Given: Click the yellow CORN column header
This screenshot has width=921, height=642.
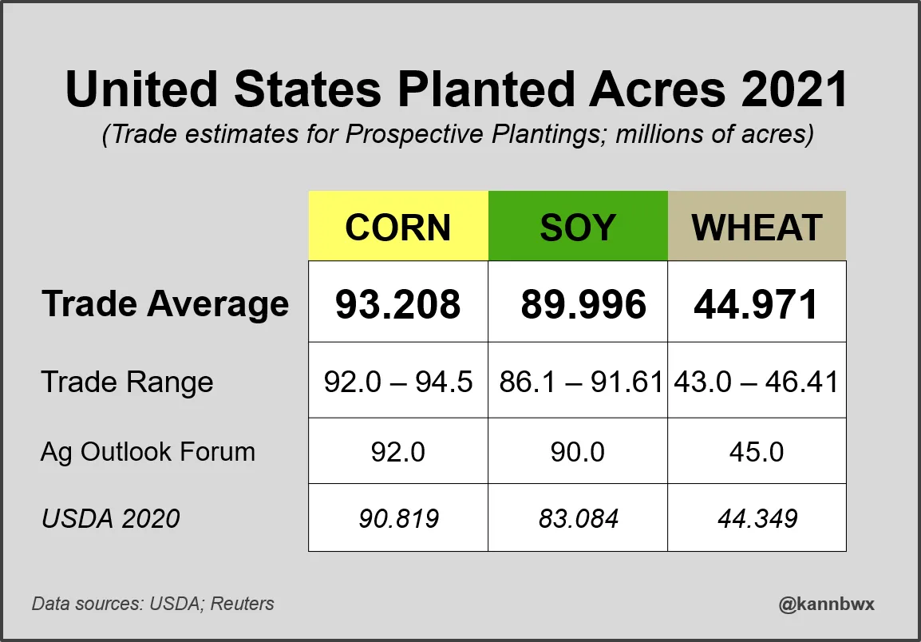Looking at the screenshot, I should (x=398, y=227).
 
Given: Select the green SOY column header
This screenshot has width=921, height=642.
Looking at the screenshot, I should (x=578, y=227).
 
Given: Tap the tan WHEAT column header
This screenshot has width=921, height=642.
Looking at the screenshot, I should (x=757, y=227).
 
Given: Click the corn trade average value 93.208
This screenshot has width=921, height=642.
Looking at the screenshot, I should (x=398, y=303).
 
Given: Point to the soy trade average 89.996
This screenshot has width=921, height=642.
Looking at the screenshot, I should (x=583, y=303).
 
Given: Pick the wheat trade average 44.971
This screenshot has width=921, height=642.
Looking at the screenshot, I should (x=757, y=303).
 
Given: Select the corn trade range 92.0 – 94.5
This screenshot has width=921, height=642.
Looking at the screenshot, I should (x=398, y=382).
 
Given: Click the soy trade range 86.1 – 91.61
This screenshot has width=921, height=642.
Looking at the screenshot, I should (x=581, y=382).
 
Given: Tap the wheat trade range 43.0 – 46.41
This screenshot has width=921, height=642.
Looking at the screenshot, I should (x=757, y=382).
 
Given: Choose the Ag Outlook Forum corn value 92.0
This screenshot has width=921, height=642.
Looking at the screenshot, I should (x=398, y=452).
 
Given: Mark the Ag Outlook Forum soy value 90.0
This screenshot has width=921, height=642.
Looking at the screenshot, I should (x=578, y=452).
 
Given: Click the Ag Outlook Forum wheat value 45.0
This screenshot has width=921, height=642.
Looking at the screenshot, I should (x=757, y=452).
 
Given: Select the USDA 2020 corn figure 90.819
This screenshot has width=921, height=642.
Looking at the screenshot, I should (x=398, y=519).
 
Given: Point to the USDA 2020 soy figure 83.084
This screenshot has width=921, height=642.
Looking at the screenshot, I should (x=578, y=519).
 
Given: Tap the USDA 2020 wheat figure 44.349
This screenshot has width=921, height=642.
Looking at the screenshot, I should (x=757, y=519).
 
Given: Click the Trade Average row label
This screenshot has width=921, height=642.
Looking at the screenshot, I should (x=165, y=304).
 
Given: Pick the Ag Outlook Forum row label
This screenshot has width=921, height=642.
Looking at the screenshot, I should (x=148, y=452).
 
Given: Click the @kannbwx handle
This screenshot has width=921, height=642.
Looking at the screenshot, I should (x=826, y=604).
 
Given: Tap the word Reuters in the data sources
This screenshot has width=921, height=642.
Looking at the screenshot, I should (x=243, y=604).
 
